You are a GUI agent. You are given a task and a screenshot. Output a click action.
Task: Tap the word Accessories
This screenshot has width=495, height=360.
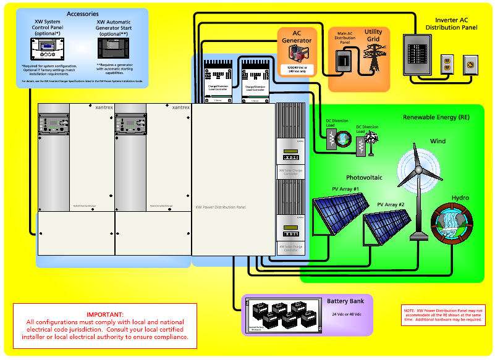tap(82, 14)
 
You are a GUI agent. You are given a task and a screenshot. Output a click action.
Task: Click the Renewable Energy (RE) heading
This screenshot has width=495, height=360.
tap(436, 117)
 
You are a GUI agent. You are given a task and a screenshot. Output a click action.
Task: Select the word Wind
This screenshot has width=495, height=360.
tap(437, 141)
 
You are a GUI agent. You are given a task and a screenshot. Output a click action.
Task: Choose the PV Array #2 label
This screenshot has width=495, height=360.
tap(391, 204)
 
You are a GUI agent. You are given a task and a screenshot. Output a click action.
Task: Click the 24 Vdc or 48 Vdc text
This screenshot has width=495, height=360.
tap(345, 314)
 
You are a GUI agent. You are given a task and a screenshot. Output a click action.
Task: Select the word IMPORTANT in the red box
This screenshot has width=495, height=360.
tap(105, 314)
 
